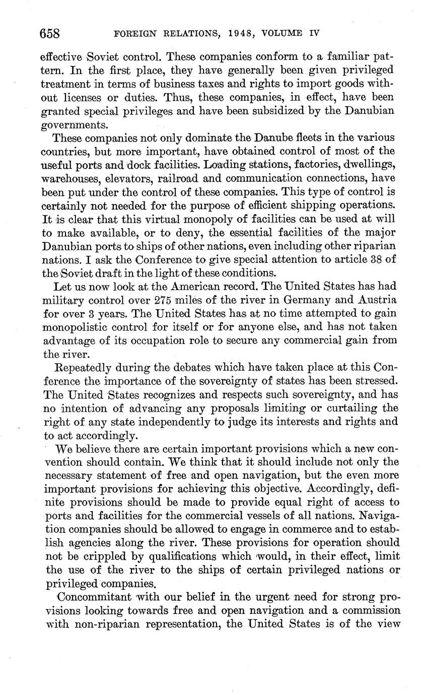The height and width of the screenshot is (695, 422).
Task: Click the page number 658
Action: (x=50, y=34)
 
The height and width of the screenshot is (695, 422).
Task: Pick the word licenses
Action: (x=80, y=97)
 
